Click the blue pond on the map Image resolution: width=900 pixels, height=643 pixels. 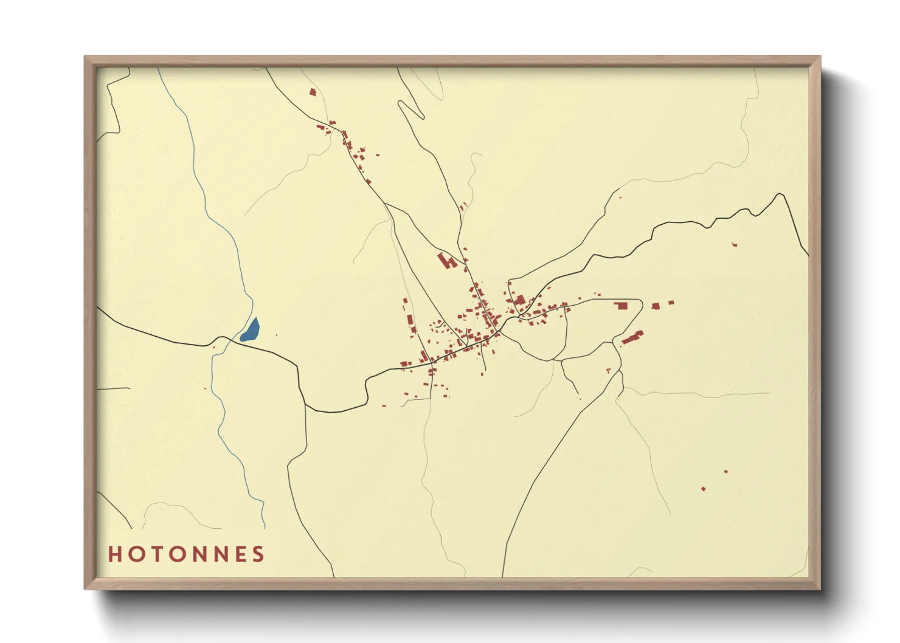click(x=250, y=330)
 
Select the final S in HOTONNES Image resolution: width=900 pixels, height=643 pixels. click(x=259, y=554)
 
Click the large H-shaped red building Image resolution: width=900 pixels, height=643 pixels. click(x=447, y=261)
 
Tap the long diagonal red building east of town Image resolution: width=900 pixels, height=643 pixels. click(x=632, y=337)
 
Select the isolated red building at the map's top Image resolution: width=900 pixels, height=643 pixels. click(x=313, y=92)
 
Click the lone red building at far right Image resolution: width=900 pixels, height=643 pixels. click(x=735, y=244)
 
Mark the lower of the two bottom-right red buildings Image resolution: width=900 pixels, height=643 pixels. click(x=704, y=489)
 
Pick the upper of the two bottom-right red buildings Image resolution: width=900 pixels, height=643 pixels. click(x=725, y=472)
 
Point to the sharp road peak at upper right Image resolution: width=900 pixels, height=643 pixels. click(x=780, y=194)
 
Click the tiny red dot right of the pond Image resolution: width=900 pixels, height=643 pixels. click(x=276, y=335)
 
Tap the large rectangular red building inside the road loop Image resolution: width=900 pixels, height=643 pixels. click(x=621, y=306)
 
